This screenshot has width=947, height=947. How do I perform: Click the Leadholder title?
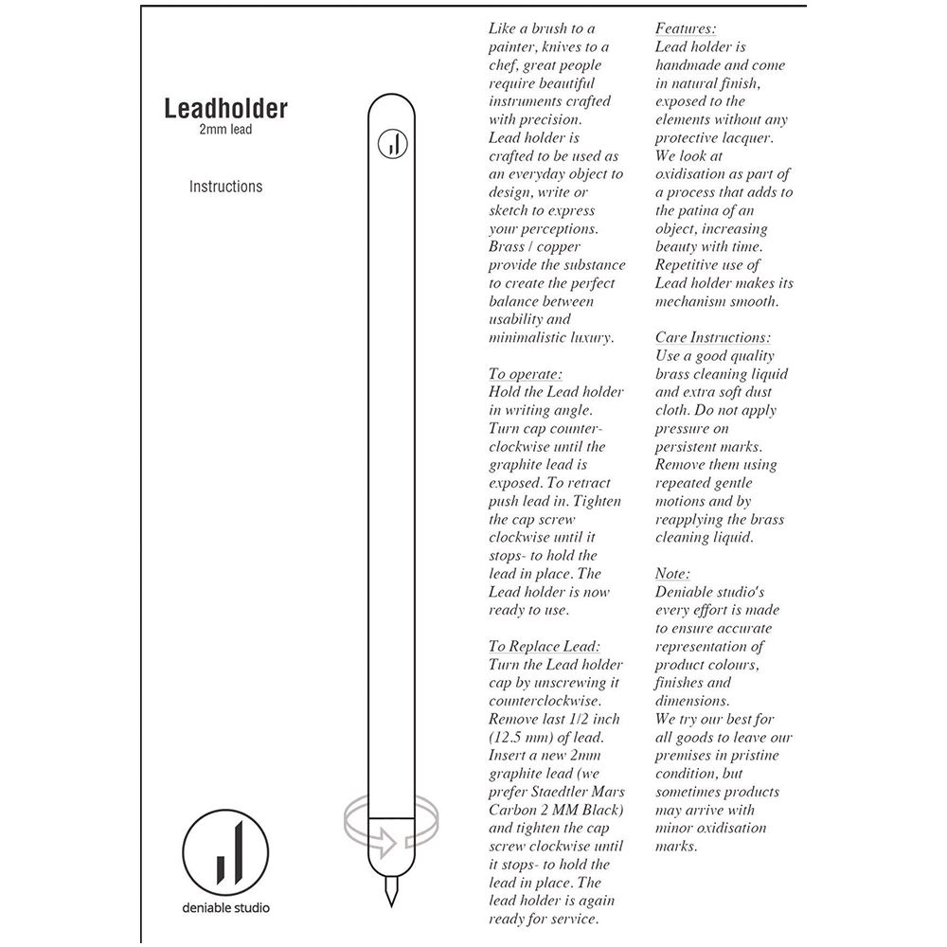click(x=225, y=108)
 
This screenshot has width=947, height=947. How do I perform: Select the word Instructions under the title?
click(x=225, y=187)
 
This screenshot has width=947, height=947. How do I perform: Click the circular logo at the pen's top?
click(x=391, y=143)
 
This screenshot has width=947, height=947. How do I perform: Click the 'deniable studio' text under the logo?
click(x=225, y=908)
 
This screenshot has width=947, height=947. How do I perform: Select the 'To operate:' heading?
click(x=526, y=374)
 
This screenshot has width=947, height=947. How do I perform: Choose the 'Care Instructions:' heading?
click(x=713, y=338)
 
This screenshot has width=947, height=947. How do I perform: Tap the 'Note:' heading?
click(x=673, y=574)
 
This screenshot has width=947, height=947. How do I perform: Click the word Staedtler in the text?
click(x=553, y=793)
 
